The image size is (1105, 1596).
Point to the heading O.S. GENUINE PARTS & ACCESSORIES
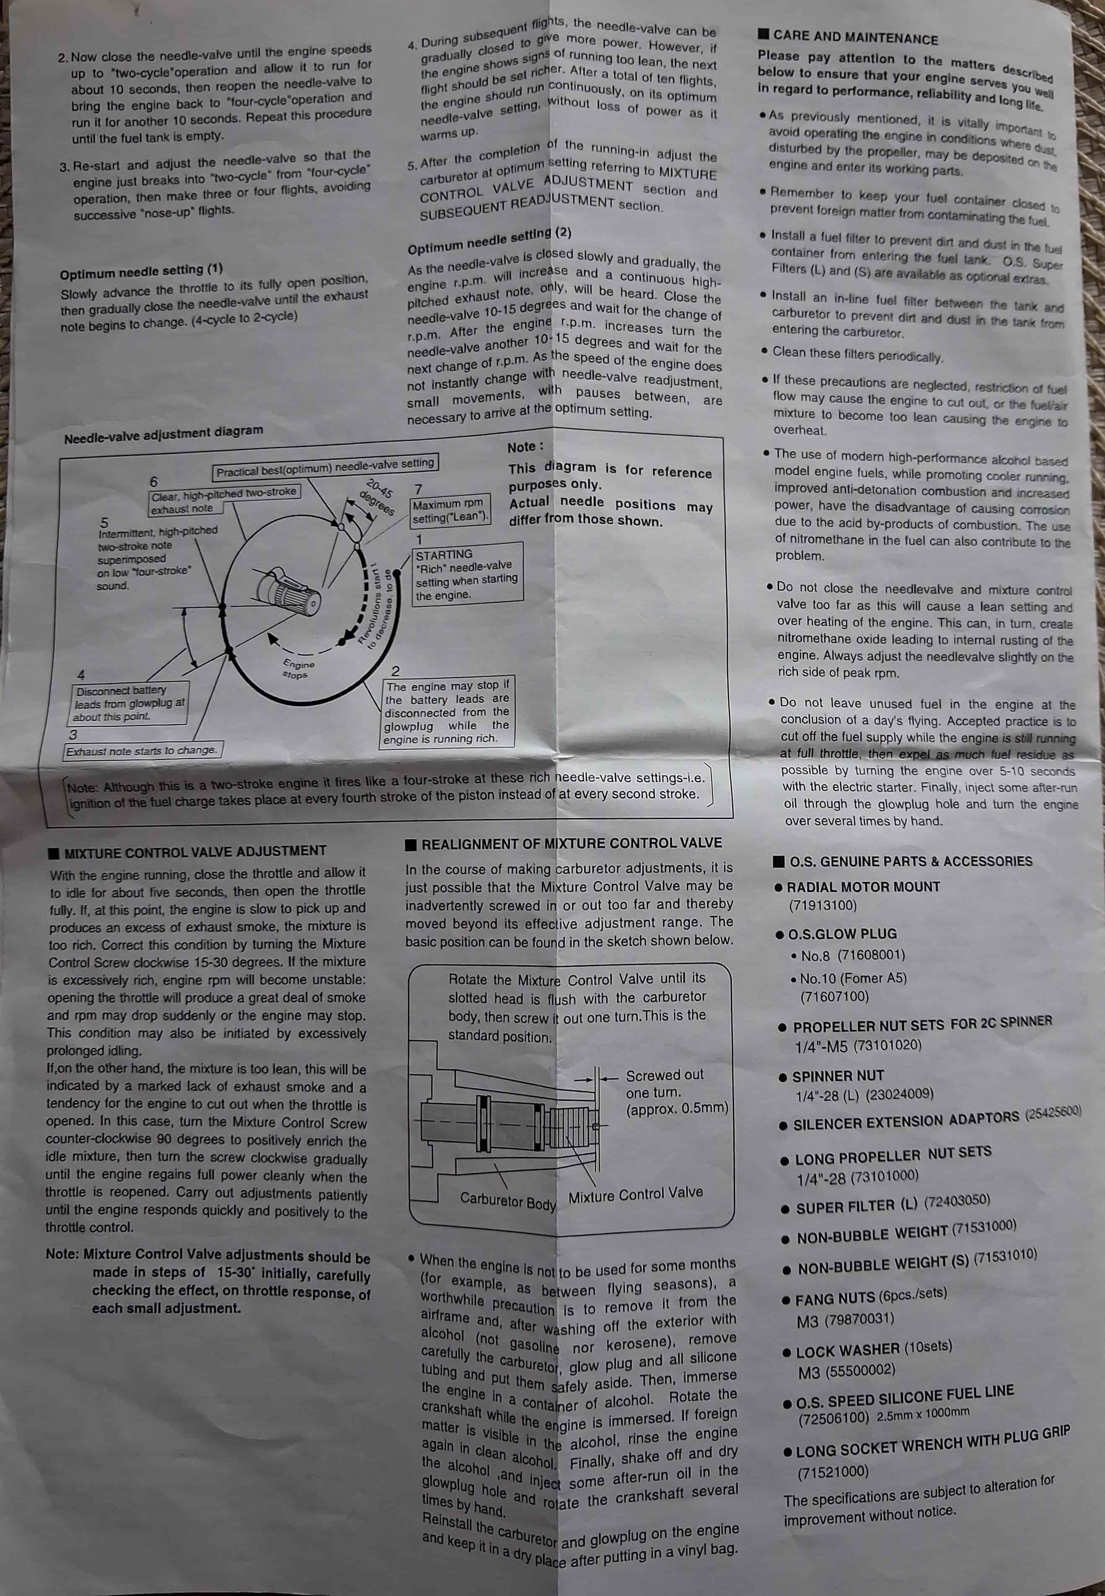coord(911,861)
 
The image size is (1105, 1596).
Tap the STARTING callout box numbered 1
coord(467,574)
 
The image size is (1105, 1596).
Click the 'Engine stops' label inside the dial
coord(297,668)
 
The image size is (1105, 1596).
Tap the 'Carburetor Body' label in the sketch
coord(508,1201)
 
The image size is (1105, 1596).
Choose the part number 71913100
coord(823,905)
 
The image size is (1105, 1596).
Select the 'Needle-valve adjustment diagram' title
coord(163,434)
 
